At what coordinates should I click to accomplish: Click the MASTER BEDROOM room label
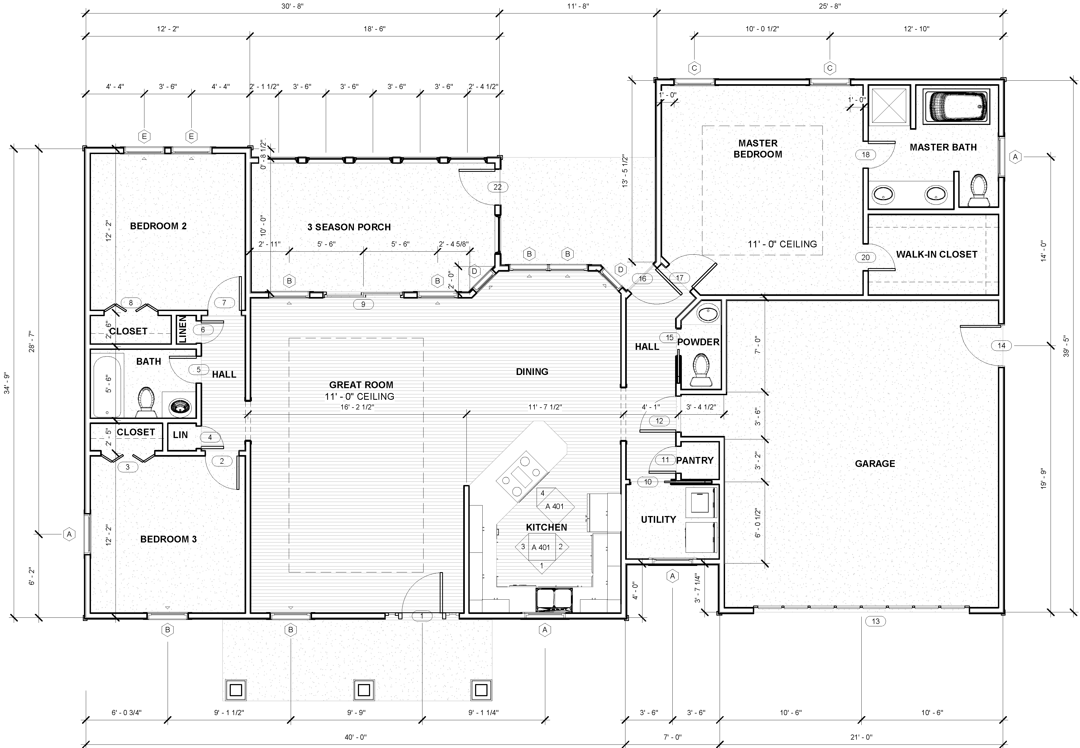pyautogui.click(x=758, y=149)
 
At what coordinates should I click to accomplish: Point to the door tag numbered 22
pyautogui.click(x=497, y=187)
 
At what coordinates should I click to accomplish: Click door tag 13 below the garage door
pyautogui.click(x=876, y=621)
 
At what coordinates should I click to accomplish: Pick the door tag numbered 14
pyautogui.click(x=1001, y=346)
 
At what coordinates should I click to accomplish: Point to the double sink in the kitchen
pyautogui.click(x=554, y=599)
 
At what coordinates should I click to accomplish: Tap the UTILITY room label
pyautogui.click(x=658, y=519)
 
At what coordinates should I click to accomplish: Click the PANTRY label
pyautogui.click(x=695, y=460)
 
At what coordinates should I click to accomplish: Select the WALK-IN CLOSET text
pyautogui.click(x=936, y=254)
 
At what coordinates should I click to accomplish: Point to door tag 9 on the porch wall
pyautogui.click(x=363, y=304)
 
